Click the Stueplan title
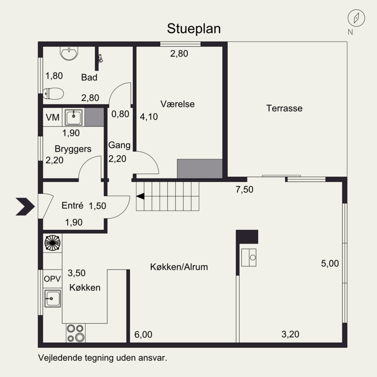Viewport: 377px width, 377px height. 194,29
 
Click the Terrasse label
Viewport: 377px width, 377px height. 284,108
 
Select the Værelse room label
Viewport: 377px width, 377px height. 177,104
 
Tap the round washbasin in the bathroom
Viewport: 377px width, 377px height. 69,53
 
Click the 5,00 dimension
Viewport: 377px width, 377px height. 330,264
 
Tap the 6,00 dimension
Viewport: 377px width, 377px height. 143,335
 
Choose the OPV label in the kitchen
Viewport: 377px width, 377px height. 52,279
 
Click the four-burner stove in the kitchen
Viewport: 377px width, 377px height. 75,333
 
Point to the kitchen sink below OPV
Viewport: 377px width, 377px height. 53,298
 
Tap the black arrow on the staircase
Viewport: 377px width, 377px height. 140,197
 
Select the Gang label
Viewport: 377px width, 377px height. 119,145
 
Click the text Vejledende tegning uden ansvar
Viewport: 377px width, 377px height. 103,358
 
